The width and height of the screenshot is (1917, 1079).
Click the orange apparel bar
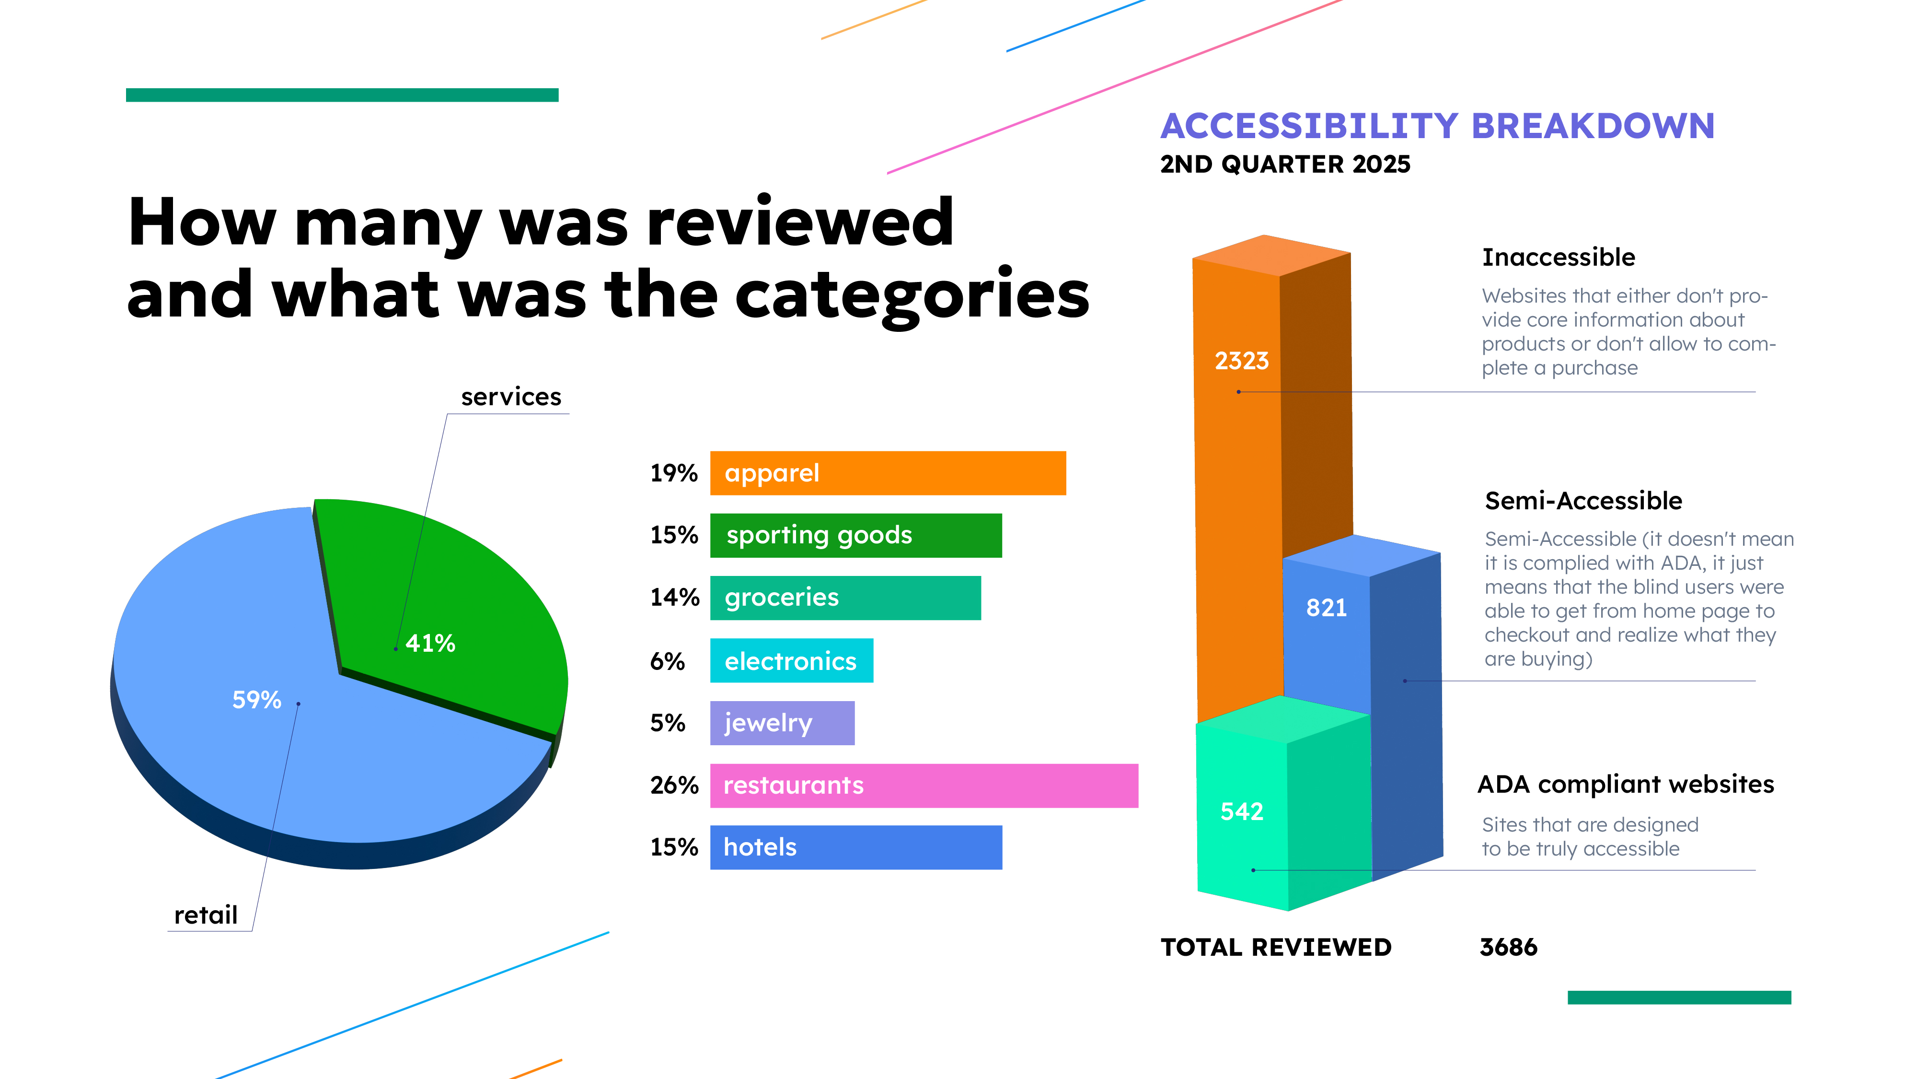(x=887, y=473)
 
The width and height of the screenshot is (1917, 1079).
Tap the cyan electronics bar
(x=791, y=660)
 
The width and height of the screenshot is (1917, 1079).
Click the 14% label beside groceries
(x=674, y=597)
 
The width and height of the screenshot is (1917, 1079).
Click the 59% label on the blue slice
(x=257, y=700)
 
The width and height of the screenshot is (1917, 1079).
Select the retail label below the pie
(x=206, y=915)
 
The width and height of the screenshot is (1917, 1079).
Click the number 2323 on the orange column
(x=1241, y=361)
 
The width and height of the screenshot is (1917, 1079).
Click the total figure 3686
(x=1508, y=947)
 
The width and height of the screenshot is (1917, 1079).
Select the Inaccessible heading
(x=1559, y=258)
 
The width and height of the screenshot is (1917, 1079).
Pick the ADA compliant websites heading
(x=1625, y=784)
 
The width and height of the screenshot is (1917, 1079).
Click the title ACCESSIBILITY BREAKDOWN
(x=1437, y=126)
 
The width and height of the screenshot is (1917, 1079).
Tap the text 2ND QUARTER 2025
(x=1284, y=164)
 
